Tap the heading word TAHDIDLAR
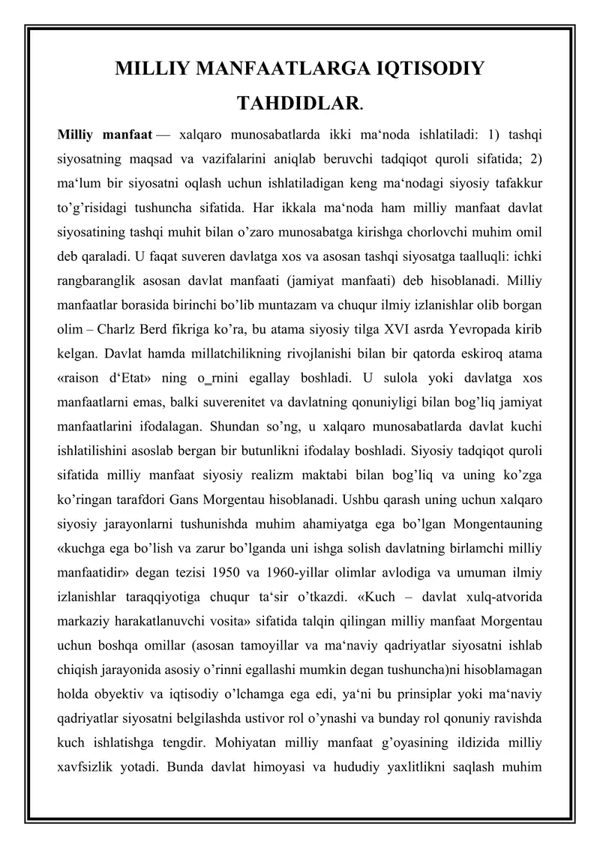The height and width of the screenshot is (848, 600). (299, 103)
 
